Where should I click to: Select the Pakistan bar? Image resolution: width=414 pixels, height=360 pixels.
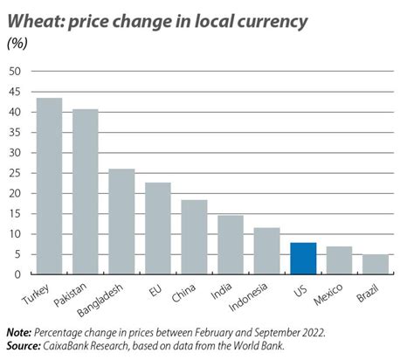point(85,191)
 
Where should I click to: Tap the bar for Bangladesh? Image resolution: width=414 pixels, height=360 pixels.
point(121,221)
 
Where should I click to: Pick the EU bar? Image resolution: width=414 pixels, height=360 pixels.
point(157,228)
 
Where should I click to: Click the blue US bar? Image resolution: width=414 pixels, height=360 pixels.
point(302,259)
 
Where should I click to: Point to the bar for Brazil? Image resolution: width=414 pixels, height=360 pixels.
point(375,265)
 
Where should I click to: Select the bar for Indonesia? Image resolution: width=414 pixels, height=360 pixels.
point(266,251)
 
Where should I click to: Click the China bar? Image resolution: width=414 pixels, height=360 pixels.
point(194,237)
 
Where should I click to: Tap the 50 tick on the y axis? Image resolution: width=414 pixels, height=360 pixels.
point(15,71)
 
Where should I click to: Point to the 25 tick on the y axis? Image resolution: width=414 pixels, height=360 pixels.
point(15,173)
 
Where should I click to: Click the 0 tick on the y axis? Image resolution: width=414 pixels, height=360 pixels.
point(17,274)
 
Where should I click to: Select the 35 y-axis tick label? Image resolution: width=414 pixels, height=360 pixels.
point(15,132)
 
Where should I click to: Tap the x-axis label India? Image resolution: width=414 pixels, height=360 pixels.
point(224,290)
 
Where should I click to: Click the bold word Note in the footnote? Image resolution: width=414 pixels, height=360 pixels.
point(18,333)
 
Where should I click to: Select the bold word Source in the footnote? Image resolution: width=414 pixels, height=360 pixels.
point(24,346)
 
